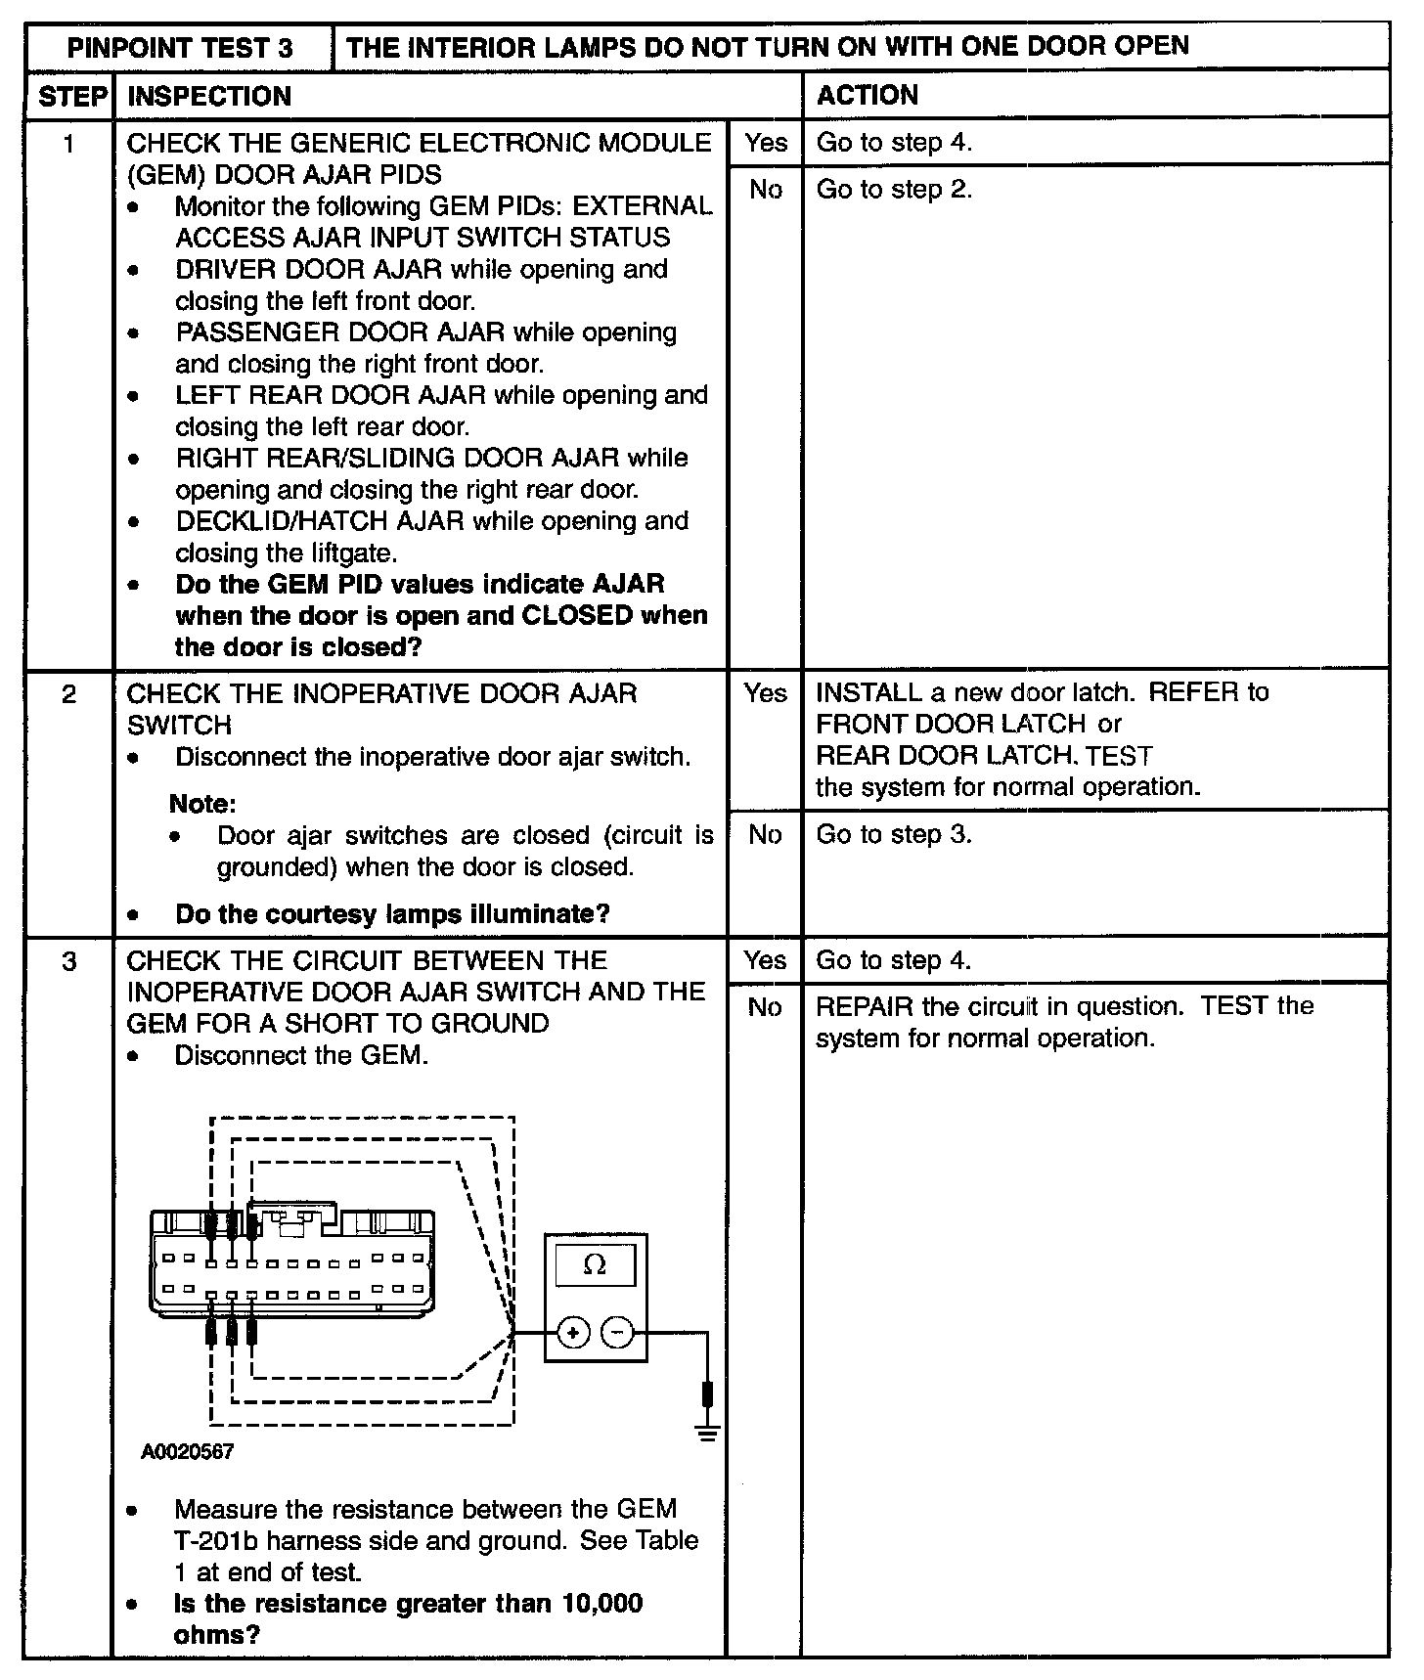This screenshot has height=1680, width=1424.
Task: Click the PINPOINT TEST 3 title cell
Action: click(x=180, y=48)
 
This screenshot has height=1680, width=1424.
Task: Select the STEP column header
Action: click(x=70, y=96)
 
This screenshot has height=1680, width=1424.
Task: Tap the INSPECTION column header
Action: click(x=209, y=96)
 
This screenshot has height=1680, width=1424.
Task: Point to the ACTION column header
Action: click(x=867, y=95)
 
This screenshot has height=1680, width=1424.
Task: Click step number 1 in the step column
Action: click(x=68, y=144)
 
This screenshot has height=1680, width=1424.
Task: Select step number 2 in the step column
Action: click(x=68, y=694)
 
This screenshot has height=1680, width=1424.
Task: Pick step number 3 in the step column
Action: click(x=68, y=961)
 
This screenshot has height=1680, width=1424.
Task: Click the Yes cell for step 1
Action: click(x=765, y=143)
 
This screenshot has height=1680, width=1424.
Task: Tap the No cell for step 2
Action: click(x=765, y=834)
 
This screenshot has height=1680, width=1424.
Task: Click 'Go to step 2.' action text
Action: click(x=894, y=189)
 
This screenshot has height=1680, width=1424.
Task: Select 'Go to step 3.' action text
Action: click(x=894, y=834)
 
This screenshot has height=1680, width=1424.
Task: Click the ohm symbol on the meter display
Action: click(x=594, y=1265)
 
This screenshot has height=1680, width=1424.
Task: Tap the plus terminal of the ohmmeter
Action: click(x=573, y=1332)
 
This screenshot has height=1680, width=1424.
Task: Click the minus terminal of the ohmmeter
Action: click(x=616, y=1332)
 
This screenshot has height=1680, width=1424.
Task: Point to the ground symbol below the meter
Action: click(x=707, y=1434)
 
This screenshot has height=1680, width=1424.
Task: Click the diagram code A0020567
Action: click(x=187, y=1452)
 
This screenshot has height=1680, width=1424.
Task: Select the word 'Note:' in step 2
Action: click(x=202, y=804)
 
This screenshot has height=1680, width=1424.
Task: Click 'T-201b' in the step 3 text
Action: click(x=216, y=1541)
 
